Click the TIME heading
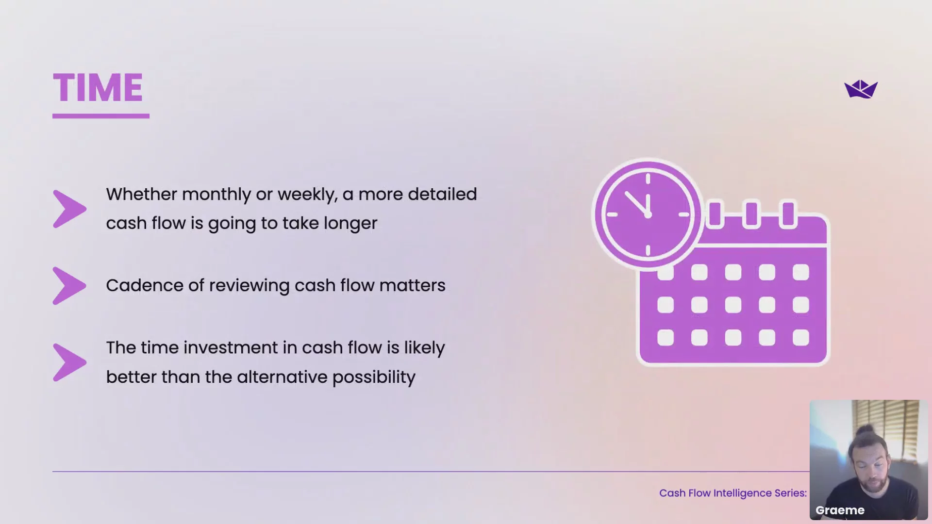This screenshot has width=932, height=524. click(98, 88)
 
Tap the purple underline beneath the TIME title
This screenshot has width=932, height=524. click(101, 116)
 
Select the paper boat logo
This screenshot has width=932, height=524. click(861, 89)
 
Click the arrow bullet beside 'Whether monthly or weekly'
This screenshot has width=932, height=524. click(69, 209)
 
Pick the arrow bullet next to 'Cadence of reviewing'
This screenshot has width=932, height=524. click(69, 286)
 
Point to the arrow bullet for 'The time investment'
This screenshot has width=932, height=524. click(69, 362)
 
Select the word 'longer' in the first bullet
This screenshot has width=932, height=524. click(350, 224)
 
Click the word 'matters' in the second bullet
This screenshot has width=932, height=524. click(412, 285)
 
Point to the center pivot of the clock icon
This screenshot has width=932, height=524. click(648, 214)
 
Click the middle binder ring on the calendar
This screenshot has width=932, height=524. click(751, 214)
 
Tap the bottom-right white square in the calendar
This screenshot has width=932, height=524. click(800, 338)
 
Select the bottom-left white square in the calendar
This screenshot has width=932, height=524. click(666, 338)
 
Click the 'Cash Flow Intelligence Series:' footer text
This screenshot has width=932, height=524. click(733, 493)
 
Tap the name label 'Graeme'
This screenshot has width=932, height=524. click(840, 510)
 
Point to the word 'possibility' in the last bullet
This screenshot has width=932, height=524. click(374, 377)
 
